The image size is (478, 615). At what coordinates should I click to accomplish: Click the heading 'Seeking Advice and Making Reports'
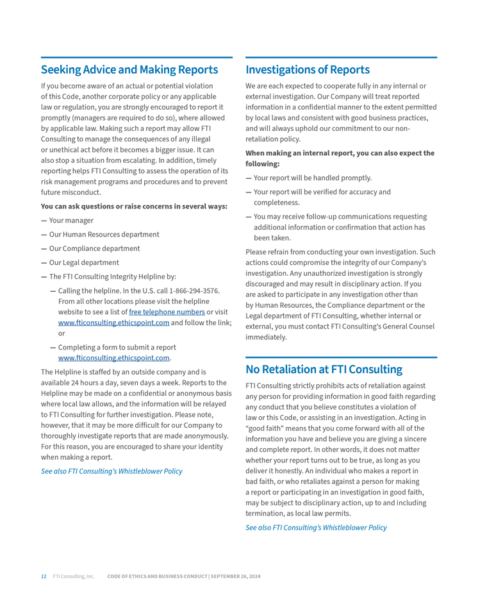[129, 70]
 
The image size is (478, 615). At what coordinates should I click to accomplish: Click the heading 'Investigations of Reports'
[308, 70]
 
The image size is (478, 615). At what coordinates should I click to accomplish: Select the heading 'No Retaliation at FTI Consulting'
[324, 369]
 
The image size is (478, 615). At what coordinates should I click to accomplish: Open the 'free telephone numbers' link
[167, 312]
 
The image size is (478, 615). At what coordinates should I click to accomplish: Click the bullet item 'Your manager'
[71, 221]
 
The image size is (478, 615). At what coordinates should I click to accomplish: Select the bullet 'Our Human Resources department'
[104, 235]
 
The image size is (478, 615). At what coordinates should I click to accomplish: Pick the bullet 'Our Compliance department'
[94, 249]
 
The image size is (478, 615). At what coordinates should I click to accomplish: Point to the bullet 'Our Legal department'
[84, 263]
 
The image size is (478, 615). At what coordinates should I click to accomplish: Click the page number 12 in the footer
[44, 577]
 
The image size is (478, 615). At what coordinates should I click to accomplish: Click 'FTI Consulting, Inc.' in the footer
[74, 577]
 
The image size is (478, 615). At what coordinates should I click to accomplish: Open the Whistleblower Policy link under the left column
[111, 471]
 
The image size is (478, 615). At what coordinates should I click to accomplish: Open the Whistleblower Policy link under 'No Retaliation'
[316, 528]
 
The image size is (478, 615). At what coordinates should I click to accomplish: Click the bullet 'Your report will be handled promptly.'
[313, 178]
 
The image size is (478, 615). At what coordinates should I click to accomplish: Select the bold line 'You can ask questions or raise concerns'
[134, 206]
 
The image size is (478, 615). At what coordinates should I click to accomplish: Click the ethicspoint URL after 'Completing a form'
[113, 358]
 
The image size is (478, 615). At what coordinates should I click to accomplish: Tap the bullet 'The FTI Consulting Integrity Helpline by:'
[112, 277]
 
